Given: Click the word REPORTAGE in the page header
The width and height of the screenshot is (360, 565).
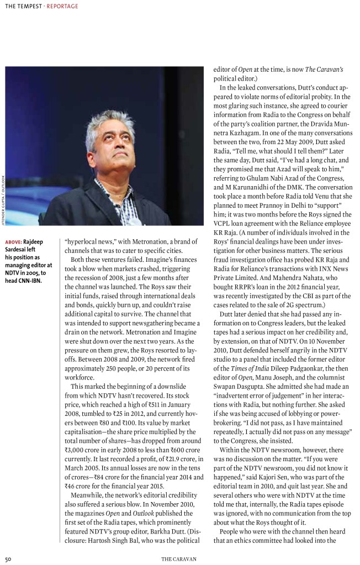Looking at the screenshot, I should [62, 7].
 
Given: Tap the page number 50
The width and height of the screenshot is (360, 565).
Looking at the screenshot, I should [9, 559].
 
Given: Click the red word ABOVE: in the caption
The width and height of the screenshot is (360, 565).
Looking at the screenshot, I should [14, 241].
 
